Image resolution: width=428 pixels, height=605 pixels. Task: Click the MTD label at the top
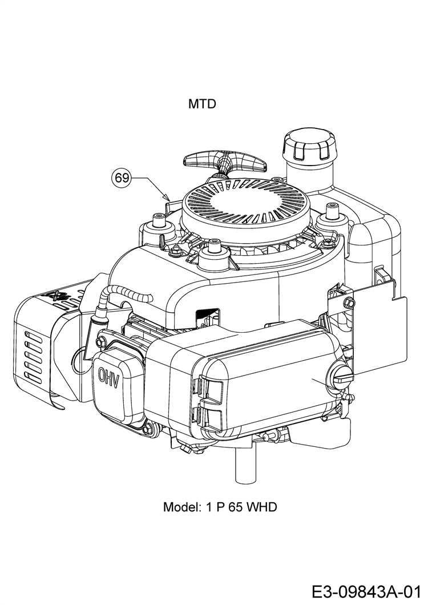(202, 104)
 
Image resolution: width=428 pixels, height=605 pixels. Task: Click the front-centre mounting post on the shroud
(216, 248)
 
